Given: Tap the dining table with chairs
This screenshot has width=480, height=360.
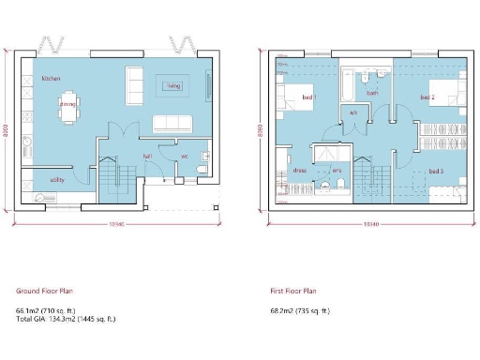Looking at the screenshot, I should (x=67, y=105).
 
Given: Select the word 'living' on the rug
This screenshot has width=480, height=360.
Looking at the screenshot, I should (x=173, y=86).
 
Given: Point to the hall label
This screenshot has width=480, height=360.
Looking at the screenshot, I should (x=147, y=157).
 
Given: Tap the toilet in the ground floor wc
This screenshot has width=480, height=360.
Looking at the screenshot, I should (x=203, y=169).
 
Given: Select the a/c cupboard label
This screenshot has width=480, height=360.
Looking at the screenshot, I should (x=353, y=113).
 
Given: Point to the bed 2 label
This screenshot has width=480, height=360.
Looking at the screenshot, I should (x=427, y=97).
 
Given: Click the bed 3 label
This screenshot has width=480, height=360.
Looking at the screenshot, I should (x=436, y=172).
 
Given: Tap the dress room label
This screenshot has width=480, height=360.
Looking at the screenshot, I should (x=300, y=171).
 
